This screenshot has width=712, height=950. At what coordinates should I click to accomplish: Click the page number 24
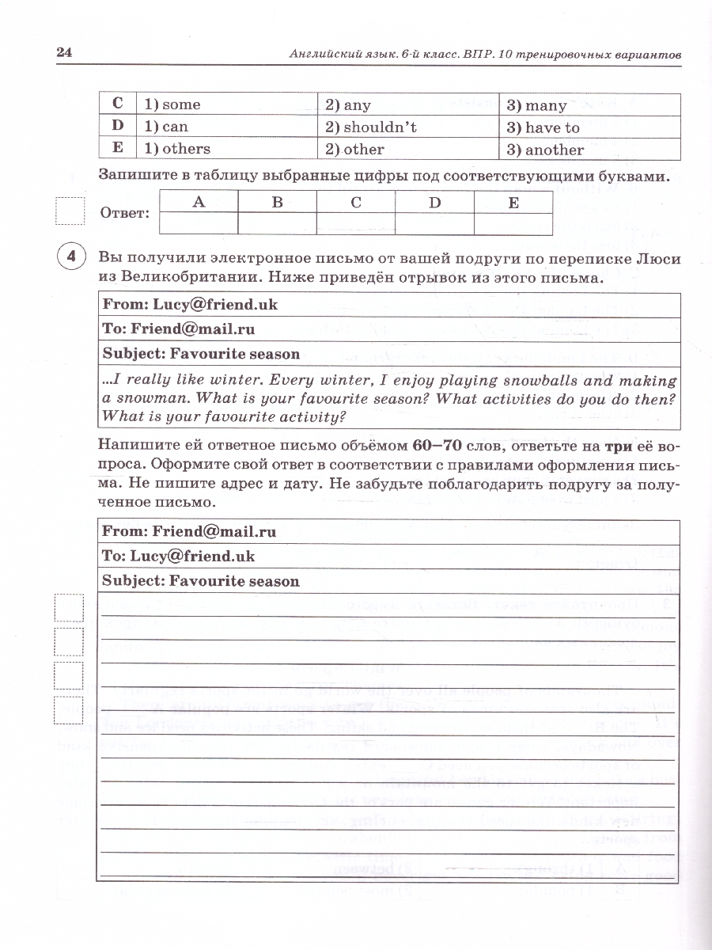64,52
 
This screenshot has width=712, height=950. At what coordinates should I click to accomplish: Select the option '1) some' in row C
171,104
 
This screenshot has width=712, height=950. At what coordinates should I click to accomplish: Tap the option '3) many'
536,105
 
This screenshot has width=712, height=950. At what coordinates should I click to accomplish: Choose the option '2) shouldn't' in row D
369,127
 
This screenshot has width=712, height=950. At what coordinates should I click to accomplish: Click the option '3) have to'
543,127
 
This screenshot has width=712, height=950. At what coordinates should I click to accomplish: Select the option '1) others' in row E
176,149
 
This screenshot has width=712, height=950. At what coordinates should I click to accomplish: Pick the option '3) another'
544,150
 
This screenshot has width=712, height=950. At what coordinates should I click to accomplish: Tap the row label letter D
118,127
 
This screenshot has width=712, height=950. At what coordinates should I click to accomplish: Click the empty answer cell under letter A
199,224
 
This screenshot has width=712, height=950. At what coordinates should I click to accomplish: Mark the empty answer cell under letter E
513,224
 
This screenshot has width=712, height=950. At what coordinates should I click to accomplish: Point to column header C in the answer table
356,203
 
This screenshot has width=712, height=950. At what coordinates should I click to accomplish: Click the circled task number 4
71,257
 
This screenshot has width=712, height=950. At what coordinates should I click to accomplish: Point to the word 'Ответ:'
125,214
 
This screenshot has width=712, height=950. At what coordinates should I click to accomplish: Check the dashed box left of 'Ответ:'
70,212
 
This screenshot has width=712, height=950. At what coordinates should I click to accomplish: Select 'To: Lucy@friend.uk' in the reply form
178,556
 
